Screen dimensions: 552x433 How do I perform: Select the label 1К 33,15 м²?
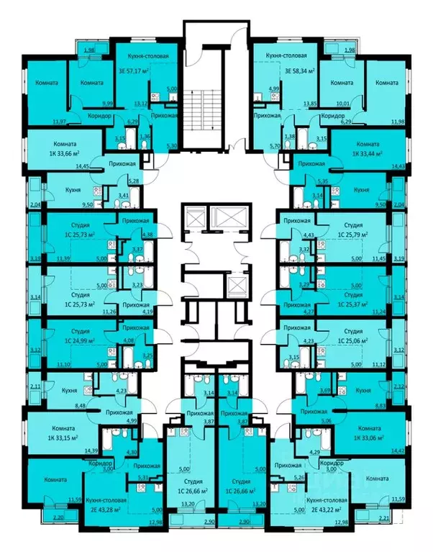click(x=57, y=437)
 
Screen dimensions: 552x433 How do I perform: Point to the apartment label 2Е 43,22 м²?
click(x=328, y=510)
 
